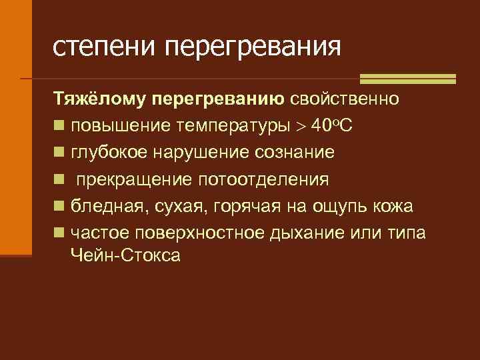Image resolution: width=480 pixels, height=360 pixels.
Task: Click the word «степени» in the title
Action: (x=104, y=46)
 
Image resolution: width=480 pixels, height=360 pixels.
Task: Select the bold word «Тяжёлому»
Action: (x=99, y=100)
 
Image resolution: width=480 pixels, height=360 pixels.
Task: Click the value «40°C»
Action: (x=338, y=127)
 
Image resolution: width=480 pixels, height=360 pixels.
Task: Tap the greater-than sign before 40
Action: (x=303, y=127)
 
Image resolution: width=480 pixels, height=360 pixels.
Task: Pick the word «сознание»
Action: (x=295, y=153)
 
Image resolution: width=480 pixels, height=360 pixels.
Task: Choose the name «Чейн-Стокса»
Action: (x=125, y=255)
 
